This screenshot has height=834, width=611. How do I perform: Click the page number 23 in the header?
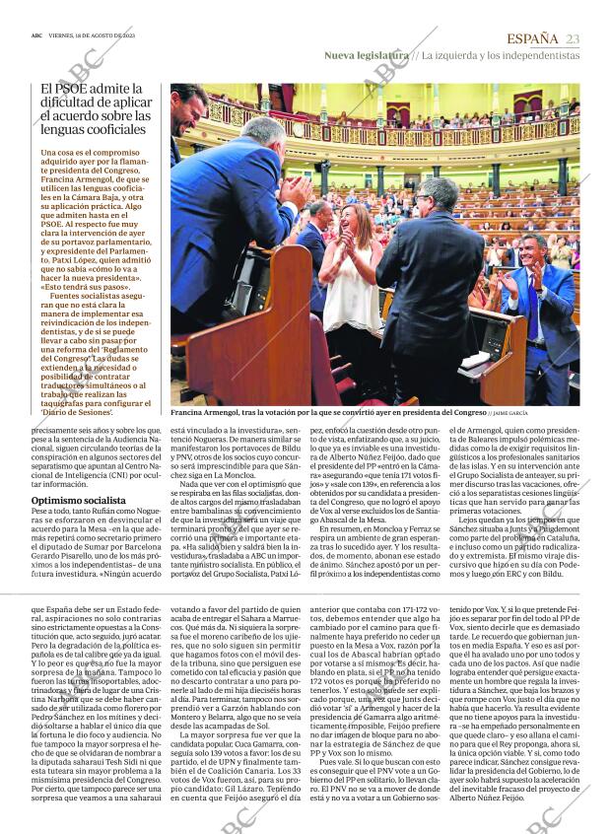573,38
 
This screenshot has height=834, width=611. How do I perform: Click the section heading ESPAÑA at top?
532,38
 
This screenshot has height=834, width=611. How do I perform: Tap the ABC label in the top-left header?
36,34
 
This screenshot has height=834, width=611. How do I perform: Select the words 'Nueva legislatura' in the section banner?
366,55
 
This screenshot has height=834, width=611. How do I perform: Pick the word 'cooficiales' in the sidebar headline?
114,128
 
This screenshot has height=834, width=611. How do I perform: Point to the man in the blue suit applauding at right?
538,296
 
